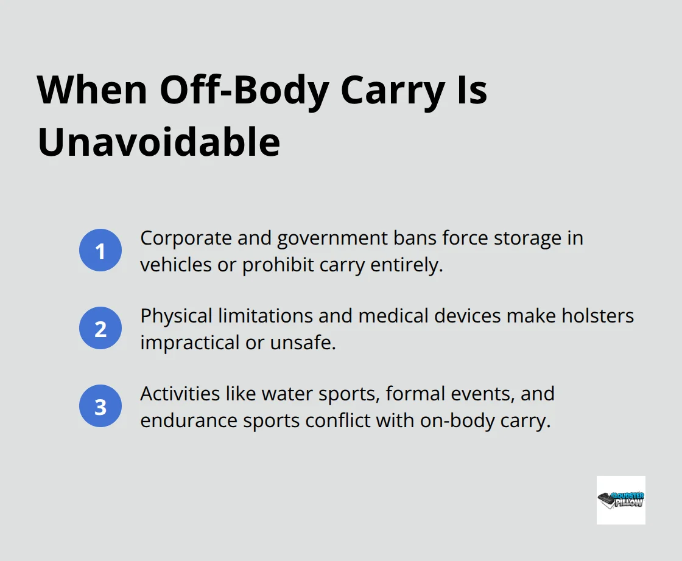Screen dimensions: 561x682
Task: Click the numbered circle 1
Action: point(100,250)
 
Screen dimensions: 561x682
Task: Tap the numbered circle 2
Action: point(100,329)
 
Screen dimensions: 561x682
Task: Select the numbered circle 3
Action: point(100,406)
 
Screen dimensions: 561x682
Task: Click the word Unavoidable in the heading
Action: point(159,143)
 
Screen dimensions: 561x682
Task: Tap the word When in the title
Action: point(91,91)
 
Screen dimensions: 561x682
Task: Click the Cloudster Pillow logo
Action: point(620,500)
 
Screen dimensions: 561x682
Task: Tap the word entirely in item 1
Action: point(410,265)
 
